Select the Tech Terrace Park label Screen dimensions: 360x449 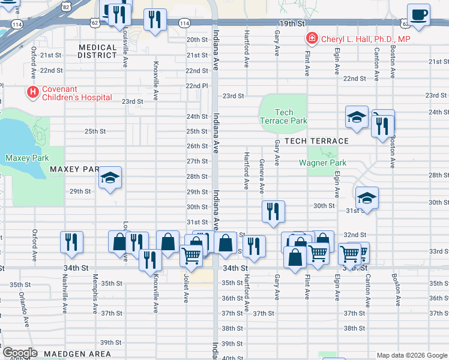coord(283,116)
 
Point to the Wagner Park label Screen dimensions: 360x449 coord(323,163)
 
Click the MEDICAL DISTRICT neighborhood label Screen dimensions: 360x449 coord(97,51)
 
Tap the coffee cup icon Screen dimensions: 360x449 coord(418,14)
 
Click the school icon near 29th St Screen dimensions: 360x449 coord(110,178)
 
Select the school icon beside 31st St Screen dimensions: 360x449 coord(367,197)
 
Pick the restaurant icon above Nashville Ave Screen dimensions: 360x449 coord(71,242)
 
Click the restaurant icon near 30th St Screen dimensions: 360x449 coord(273,211)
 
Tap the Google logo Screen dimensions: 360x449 coord(20,353)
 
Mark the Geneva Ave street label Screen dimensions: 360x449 coord(262,176)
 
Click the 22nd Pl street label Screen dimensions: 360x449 coord(196,86)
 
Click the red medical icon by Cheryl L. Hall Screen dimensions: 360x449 coord(312,40)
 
